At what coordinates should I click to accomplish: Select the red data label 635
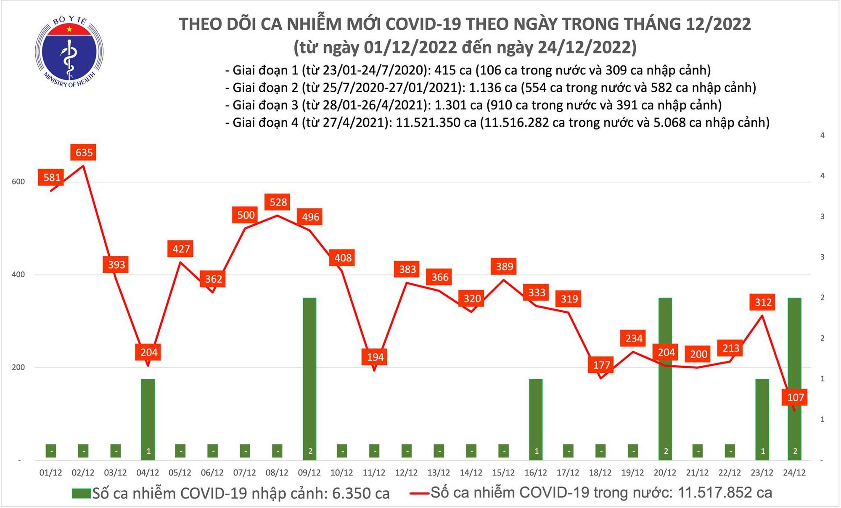coord(84,152)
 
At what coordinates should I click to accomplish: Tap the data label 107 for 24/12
coord(795,397)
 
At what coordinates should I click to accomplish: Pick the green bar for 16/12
coord(536,417)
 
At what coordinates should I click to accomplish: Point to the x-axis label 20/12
coord(665,473)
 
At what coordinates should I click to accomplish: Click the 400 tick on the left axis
coord(18,274)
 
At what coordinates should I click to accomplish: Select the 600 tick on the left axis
coord(18,182)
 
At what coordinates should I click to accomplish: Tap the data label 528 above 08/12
coord(278,202)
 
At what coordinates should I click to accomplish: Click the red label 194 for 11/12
coord(375,357)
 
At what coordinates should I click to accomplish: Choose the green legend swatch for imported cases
coord(81,493)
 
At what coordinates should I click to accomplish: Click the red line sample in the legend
coord(419,493)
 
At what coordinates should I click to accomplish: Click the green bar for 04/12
coord(148,417)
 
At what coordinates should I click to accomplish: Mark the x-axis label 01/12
coord(50,473)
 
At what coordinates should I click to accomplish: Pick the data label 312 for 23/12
coord(763,302)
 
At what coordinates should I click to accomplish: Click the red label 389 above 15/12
coord(504,266)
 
